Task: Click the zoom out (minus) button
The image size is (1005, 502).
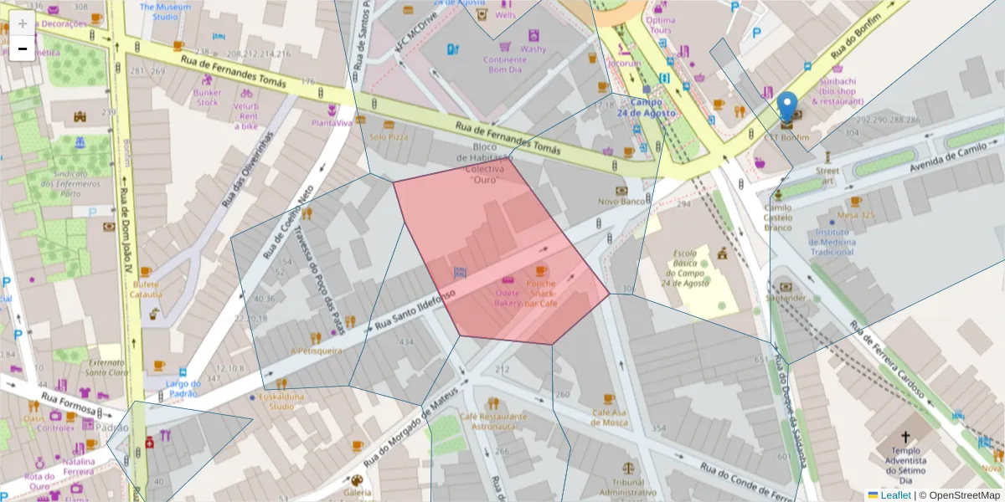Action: pos(23,49)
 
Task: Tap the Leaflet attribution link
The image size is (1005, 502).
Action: pos(895,495)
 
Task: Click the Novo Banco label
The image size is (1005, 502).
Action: pos(621,202)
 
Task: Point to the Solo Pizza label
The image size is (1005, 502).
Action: pos(388,136)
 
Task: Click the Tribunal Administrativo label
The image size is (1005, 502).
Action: pos(629,487)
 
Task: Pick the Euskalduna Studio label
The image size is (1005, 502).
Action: pos(281,402)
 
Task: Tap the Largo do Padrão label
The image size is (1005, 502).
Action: pos(183,388)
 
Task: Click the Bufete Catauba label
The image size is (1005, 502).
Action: pos(147,289)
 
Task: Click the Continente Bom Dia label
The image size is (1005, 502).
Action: pos(505,64)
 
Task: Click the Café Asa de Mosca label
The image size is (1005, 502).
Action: pos(610,417)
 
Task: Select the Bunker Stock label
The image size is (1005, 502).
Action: pos(207,98)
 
